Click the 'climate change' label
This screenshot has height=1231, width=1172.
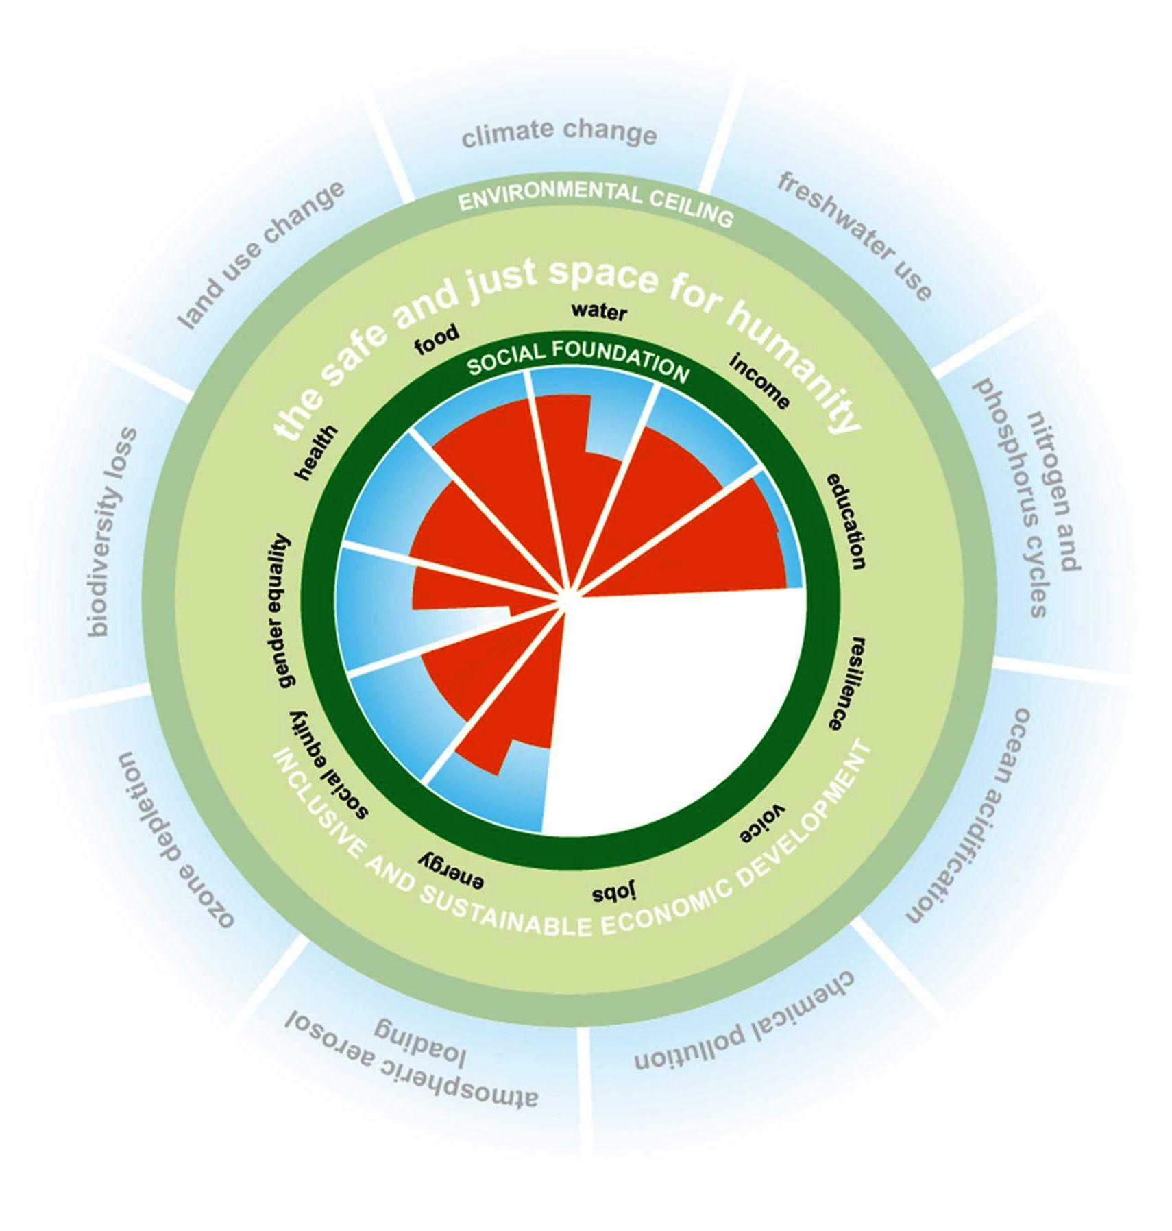[x=559, y=133]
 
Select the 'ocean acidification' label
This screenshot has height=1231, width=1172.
[x=968, y=816]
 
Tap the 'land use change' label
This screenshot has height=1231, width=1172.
[x=261, y=254]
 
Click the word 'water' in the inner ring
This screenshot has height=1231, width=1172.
[x=599, y=312]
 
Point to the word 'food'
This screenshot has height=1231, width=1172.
[x=437, y=339]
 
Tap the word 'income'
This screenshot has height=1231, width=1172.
[x=759, y=380]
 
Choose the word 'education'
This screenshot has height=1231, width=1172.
[x=845, y=521]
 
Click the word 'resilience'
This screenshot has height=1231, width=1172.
[x=849, y=683]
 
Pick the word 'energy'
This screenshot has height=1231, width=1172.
[x=452, y=870]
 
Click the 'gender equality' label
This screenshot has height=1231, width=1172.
[x=278, y=610]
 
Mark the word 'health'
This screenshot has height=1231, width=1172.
[x=316, y=452]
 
